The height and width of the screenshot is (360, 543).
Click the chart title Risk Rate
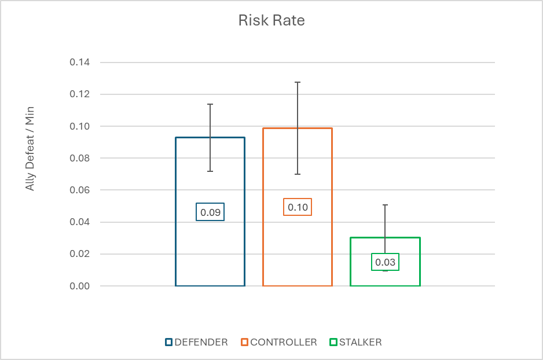click(271, 20)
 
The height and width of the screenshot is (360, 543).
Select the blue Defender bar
click(176, 211)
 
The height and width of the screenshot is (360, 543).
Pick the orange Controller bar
click(263, 207)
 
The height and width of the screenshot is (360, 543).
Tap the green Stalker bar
click(351, 262)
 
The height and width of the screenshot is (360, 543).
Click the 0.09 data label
click(210, 212)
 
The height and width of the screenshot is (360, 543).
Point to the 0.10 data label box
click(298, 207)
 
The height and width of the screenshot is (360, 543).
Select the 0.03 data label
click(385, 262)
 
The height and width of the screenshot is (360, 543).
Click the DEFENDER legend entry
click(197, 342)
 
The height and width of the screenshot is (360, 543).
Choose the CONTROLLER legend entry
click(279, 342)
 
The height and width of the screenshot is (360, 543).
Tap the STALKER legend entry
click(355, 342)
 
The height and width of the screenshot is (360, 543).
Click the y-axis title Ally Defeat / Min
click(30, 149)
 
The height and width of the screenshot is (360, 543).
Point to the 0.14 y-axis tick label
click(80, 63)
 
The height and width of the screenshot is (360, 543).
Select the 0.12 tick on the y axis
click(80, 94)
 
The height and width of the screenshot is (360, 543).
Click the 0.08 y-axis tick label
click(80, 158)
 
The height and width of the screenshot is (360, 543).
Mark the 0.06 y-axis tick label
click(80, 190)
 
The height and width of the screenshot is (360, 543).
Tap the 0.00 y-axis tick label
click(80, 286)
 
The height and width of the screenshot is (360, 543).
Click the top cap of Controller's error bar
click(298, 82)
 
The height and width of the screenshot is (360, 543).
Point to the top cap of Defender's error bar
click(210, 104)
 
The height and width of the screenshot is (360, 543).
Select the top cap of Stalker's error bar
click(385, 205)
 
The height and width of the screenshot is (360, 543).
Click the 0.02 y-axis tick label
click(80, 254)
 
